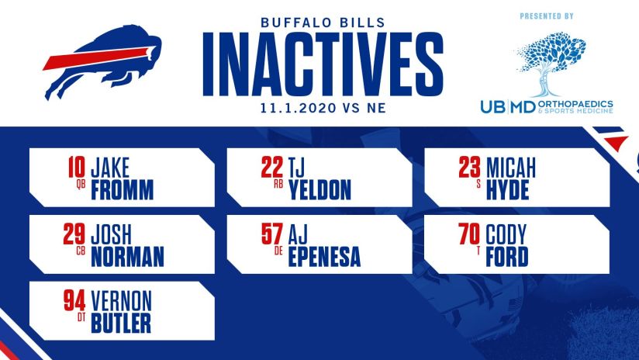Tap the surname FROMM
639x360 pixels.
coord(122,189)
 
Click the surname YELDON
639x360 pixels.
coord(319,189)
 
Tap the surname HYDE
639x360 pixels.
coord(507,189)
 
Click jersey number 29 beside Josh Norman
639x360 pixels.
coord(76,232)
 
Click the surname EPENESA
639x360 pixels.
coord(324,257)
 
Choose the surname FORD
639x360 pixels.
coord(508,257)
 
